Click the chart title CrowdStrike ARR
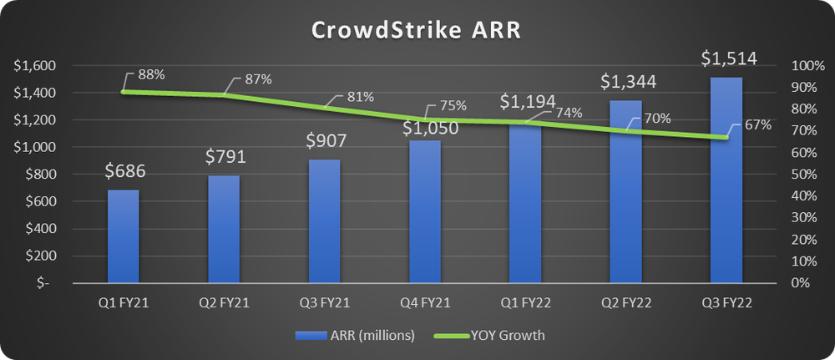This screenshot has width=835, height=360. tap(416, 30)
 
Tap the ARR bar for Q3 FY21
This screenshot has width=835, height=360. tap(324, 221)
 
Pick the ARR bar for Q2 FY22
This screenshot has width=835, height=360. tap(625, 191)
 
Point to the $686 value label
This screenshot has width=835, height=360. tap(124, 172)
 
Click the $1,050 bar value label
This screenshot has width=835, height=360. tap(424, 128)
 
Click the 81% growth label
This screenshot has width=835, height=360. tap(360, 96)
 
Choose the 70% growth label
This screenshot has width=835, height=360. tap(658, 118)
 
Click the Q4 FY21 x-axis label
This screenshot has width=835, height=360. tap(424, 307)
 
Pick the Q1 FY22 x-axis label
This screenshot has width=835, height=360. tap(524, 307)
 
